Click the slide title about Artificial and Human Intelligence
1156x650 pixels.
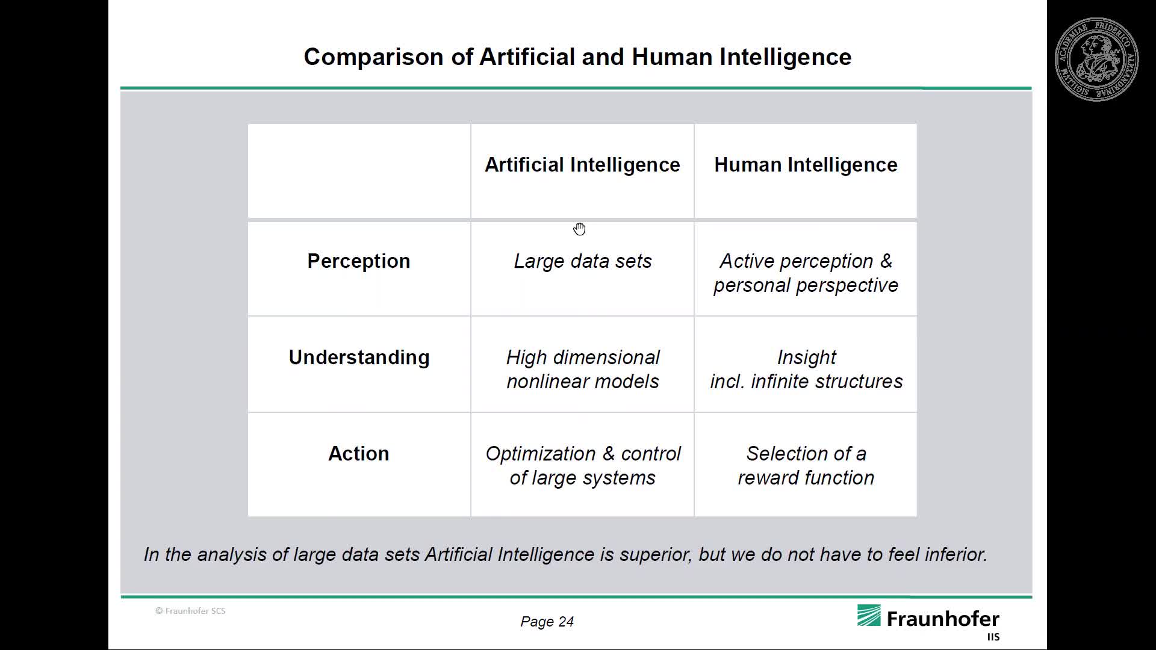(x=577, y=57)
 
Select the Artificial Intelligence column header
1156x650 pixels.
(x=582, y=165)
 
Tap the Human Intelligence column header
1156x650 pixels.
(x=806, y=165)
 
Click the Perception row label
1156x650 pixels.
(x=359, y=261)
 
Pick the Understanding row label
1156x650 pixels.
(x=359, y=357)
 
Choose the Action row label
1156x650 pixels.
(x=359, y=453)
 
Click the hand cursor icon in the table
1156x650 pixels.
(x=580, y=229)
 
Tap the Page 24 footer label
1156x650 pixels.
(x=547, y=622)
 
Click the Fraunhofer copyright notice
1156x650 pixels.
(x=190, y=611)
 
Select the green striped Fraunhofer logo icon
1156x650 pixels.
(x=869, y=616)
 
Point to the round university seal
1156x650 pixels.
(x=1096, y=59)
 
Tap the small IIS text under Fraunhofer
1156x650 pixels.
(x=993, y=637)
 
